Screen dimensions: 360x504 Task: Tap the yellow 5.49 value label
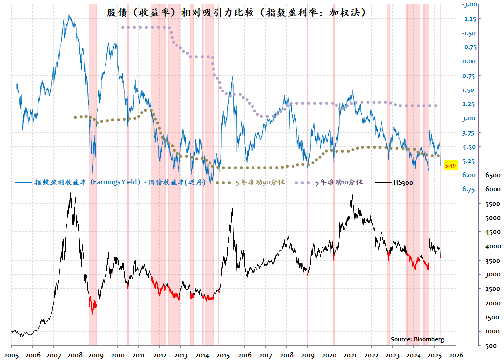pos(450,166)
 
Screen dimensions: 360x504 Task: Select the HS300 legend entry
pos(403,182)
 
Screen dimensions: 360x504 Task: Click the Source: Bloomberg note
pos(417,339)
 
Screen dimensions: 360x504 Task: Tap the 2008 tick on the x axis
pos(75,355)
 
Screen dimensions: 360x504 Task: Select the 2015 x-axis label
pos(223,355)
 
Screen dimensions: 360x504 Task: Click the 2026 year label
pos(456,355)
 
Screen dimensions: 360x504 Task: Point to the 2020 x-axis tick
pos(329,355)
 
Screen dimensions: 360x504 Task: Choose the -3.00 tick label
pos(469,5)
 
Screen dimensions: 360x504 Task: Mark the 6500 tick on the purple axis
pos(492,175)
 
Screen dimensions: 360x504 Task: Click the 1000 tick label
pos(492,331)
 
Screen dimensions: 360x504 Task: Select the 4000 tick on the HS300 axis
pos(492,246)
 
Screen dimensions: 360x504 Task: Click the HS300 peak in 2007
pos(71,194)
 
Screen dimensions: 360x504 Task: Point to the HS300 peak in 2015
pos(232,208)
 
